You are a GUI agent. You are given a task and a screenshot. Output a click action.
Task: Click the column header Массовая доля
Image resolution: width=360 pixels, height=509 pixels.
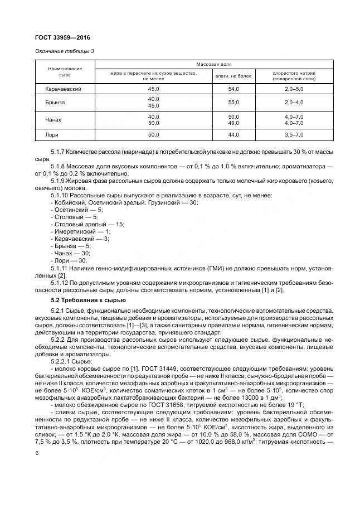pyautogui.click(x=213, y=65)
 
